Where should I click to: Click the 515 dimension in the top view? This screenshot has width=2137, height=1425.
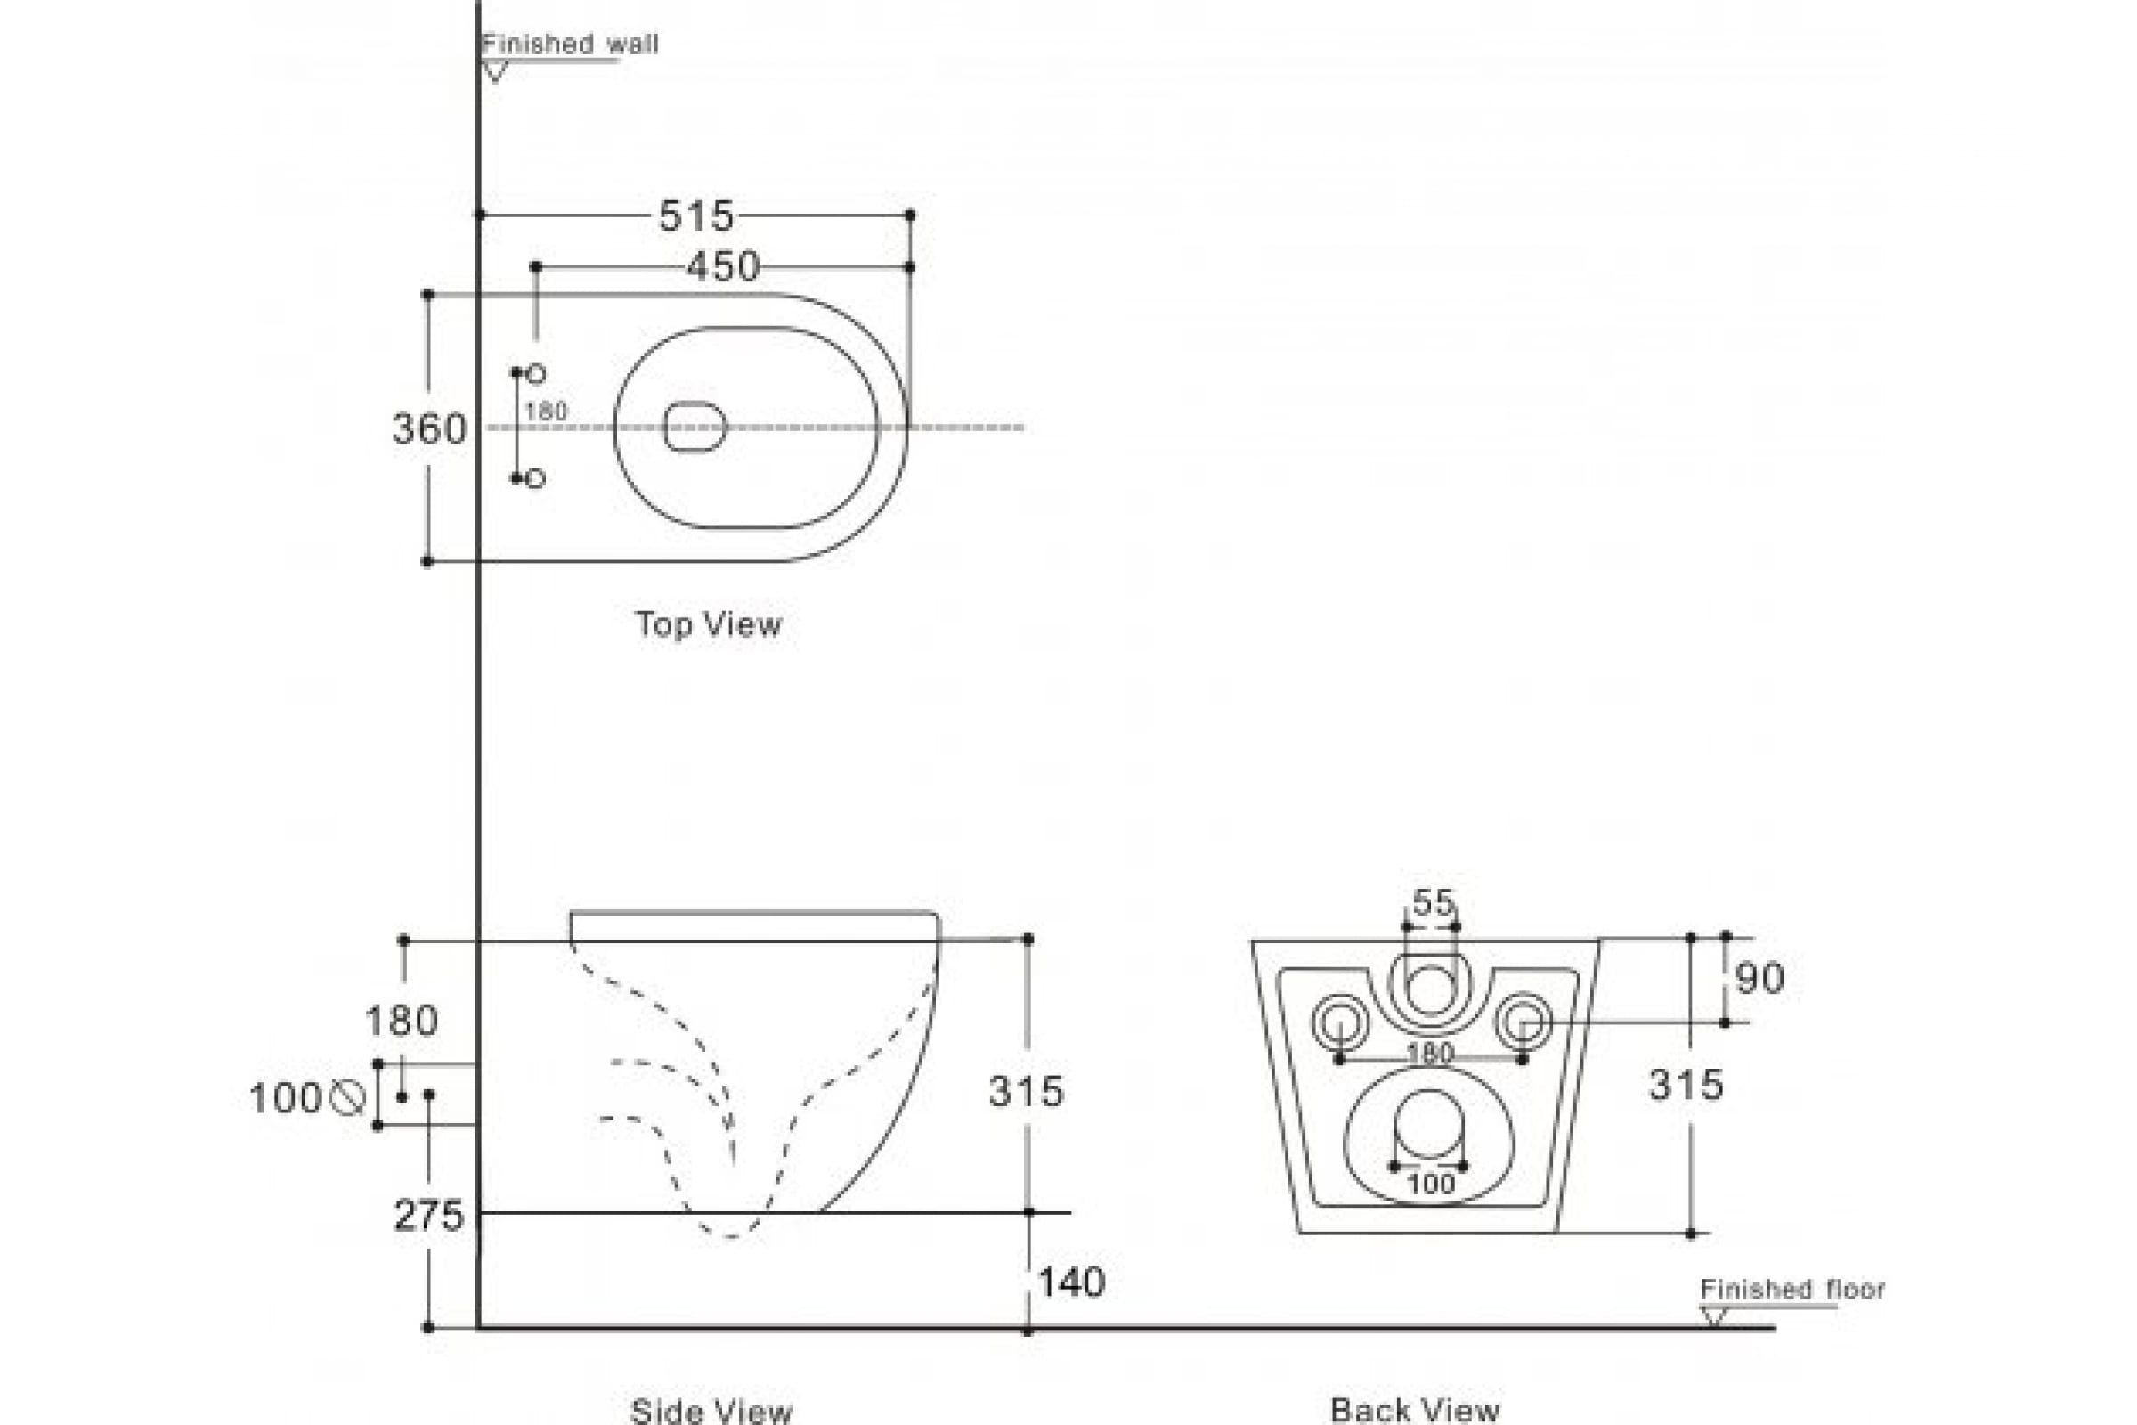click(x=696, y=216)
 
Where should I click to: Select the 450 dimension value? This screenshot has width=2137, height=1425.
click(x=722, y=267)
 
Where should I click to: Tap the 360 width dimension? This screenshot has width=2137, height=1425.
click(x=429, y=429)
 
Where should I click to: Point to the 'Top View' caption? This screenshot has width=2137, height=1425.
click(x=708, y=624)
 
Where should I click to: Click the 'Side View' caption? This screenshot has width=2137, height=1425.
click(x=711, y=1410)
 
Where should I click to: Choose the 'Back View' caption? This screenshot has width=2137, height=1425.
click(x=1415, y=1410)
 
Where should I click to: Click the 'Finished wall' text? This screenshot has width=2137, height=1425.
click(x=570, y=44)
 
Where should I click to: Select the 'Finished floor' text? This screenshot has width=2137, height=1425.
click(x=1792, y=1290)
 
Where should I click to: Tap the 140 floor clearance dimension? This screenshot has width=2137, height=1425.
click(x=1071, y=1282)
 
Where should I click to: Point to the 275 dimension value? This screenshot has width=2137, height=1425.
click(x=429, y=1215)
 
